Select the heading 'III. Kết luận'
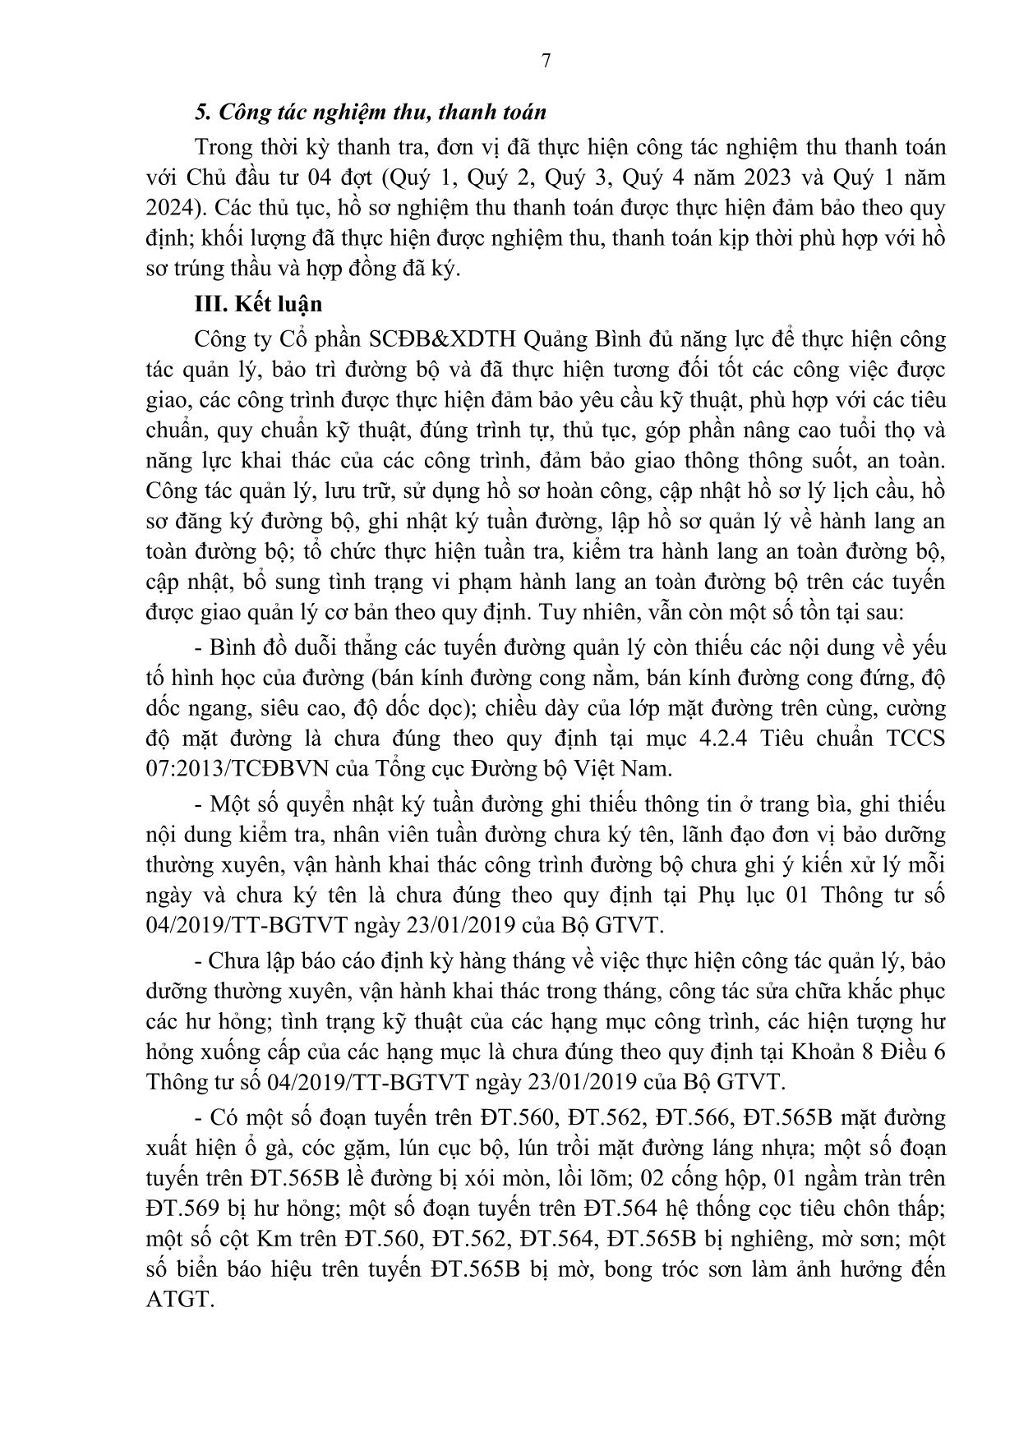pyautogui.click(x=258, y=304)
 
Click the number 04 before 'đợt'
pyautogui.click(x=325, y=177)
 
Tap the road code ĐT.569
pyautogui.click(x=182, y=1209)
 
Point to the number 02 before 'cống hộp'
pyautogui.click(x=624, y=1178)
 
